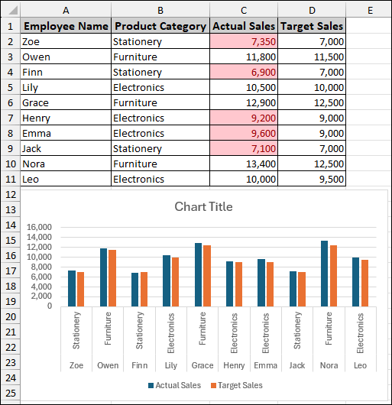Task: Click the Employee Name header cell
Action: pos(66,26)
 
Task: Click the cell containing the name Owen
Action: pos(66,57)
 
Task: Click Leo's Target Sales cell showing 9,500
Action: pos(311,179)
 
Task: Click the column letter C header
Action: pos(244,10)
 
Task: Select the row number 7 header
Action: pos(11,118)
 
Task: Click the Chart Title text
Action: pos(203,207)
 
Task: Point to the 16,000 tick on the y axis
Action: pos(38,227)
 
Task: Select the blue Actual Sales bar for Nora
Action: pos(324,274)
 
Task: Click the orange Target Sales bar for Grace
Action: pos(206,275)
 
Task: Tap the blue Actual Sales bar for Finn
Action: pos(135,289)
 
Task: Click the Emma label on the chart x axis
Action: pos(265,365)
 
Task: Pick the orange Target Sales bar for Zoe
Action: pos(80,289)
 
